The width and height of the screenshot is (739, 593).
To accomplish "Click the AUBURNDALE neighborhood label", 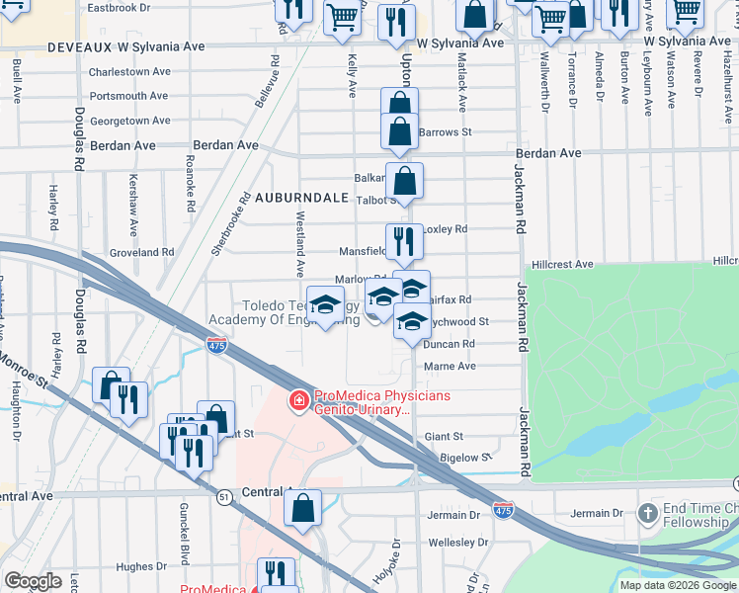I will [301, 198].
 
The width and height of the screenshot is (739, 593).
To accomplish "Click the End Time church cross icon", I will [647, 513].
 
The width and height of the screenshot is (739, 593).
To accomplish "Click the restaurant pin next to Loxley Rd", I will [404, 240].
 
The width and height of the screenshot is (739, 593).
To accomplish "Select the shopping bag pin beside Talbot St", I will [404, 181].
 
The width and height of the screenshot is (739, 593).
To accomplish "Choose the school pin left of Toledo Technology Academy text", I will [325, 303].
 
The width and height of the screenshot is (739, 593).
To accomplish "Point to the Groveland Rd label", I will [141, 252].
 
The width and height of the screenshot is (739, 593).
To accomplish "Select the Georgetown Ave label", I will [130, 121].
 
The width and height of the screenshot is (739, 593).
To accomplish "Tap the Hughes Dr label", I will [134, 566].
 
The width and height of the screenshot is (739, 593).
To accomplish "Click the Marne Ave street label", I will [450, 366].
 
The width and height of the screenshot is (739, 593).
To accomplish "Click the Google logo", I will [33, 581].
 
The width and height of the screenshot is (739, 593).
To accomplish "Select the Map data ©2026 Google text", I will [678, 585].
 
